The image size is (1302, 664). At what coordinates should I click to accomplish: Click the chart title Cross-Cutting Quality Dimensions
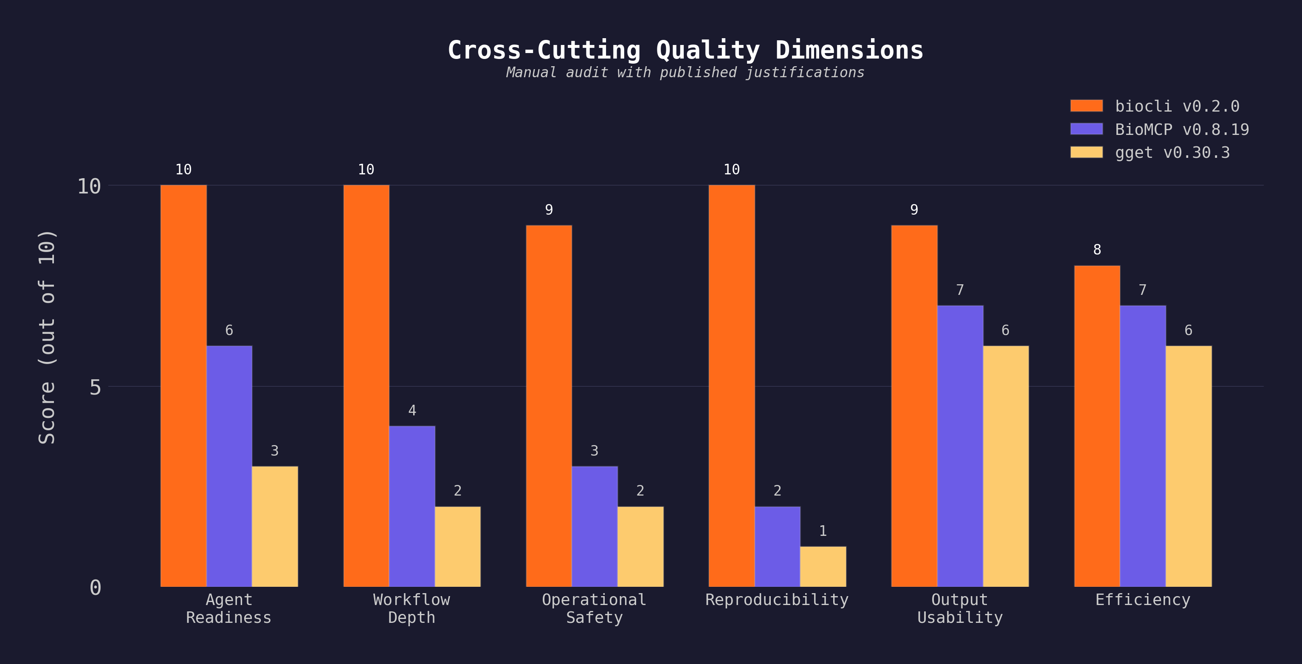pyautogui.click(x=685, y=50)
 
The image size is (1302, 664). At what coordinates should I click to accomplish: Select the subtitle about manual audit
pyautogui.click(x=685, y=73)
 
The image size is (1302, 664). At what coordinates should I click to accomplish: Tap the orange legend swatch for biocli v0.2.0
pyautogui.click(x=1086, y=106)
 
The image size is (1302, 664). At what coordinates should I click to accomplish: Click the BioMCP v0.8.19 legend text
pyautogui.click(x=1182, y=129)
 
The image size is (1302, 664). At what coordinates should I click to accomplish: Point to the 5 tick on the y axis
pyautogui.click(x=95, y=387)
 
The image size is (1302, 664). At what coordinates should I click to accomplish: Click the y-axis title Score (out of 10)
pyautogui.click(x=47, y=337)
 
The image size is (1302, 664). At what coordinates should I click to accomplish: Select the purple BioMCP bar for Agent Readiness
pyautogui.click(x=229, y=465)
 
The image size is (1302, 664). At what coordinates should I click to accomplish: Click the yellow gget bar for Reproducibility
pyautogui.click(x=823, y=566)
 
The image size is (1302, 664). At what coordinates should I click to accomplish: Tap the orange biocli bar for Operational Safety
pyautogui.click(x=549, y=406)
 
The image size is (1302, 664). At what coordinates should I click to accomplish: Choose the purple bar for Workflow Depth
pyautogui.click(x=412, y=506)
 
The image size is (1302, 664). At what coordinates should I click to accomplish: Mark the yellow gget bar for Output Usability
pyautogui.click(x=1005, y=465)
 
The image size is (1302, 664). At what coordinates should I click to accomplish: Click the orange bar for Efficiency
pyautogui.click(x=1097, y=426)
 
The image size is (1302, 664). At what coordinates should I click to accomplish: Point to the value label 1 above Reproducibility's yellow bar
pyautogui.click(x=823, y=531)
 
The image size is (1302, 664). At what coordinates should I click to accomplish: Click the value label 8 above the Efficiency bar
pyautogui.click(x=1097, y=249)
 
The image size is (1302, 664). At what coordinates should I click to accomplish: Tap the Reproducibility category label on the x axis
pyautogui.click(x=777, y=600)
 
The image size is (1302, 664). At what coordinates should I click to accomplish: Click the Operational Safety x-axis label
pyautogui.click(x=595, y=608)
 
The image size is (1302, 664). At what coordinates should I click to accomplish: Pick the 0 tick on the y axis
pyautogui.click(x=95, y=587)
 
